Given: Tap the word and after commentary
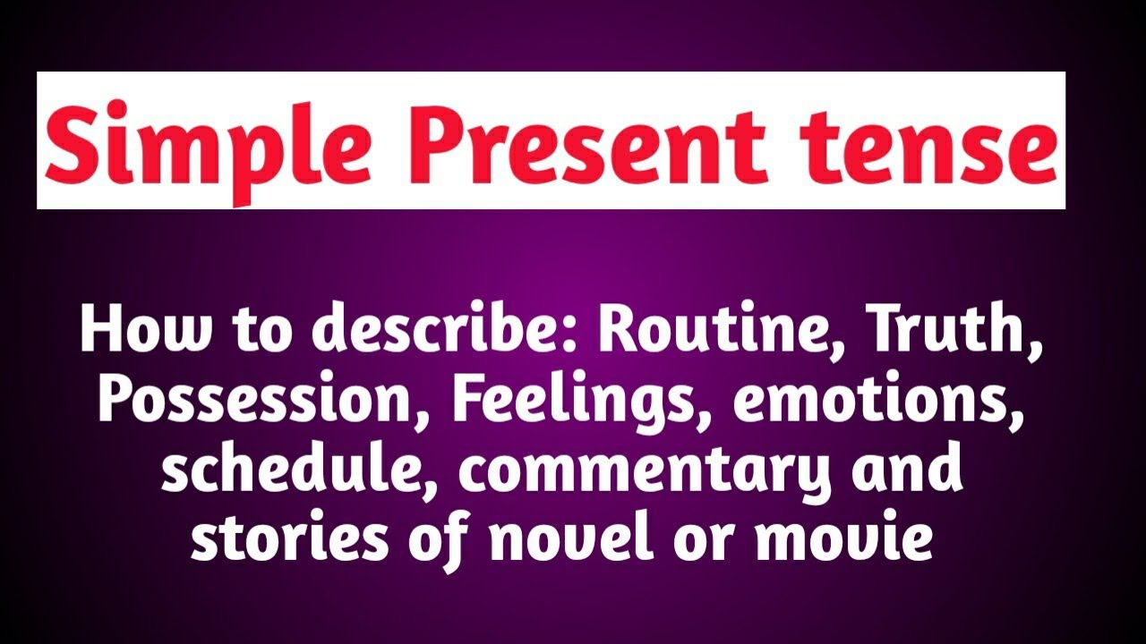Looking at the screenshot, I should [912, 470].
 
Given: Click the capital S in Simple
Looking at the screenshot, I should [70, 143].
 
